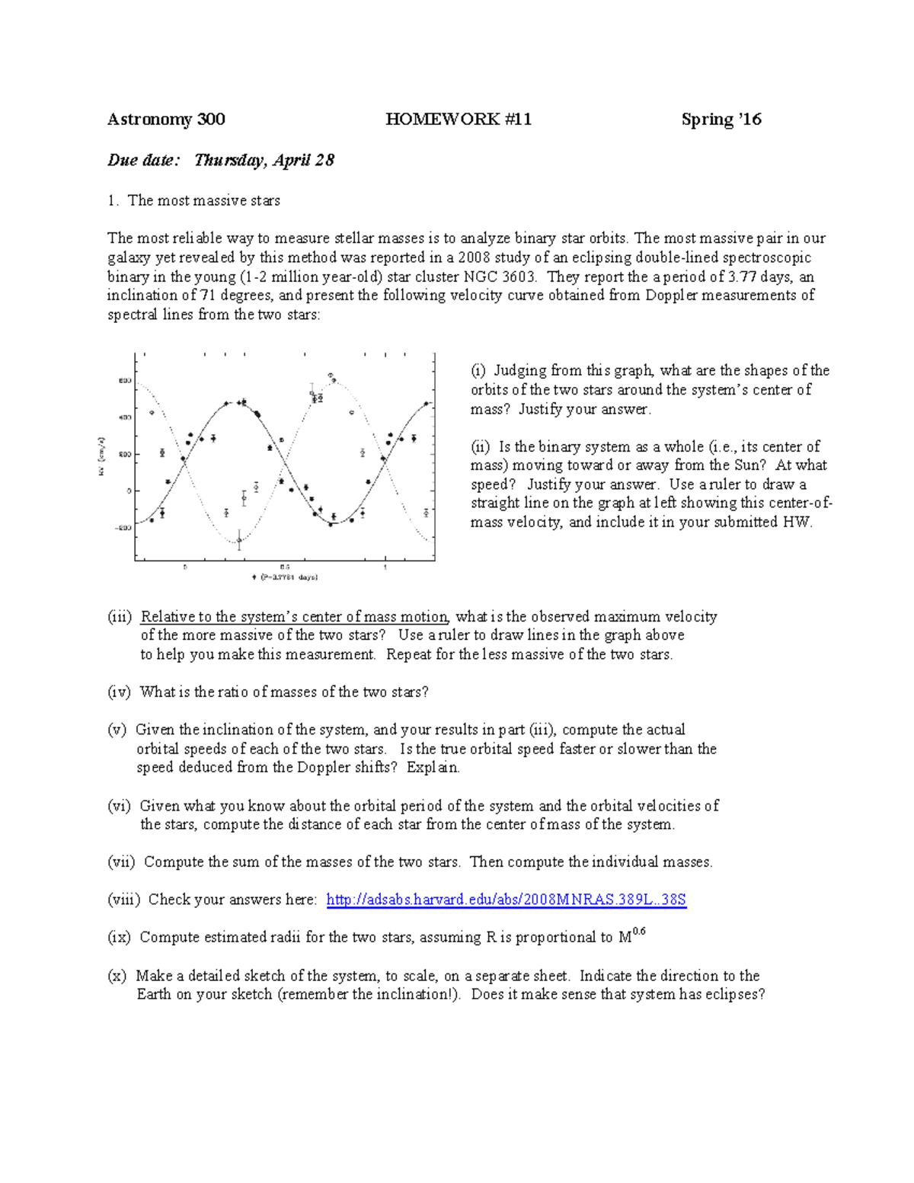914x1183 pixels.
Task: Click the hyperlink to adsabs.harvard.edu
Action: click(x=506, y=900)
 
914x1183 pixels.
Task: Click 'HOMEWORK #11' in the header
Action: click(x=459, y=119)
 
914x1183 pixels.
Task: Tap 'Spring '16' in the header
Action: click(x=721, y=119)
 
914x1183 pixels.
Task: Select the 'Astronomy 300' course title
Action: click(x=166, y=119)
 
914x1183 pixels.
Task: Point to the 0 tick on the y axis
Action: click(x=128, y=491)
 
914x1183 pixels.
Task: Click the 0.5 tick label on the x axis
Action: click(x=284, y=568)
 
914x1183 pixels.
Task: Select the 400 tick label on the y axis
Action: click(x=124, y=417)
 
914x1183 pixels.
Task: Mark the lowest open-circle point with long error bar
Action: click(x=239, y=540)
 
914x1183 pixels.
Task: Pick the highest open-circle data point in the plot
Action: click(x=331, y=375)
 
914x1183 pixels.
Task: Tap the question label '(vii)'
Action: click(x=121, y=862)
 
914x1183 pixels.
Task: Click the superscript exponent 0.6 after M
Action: click(x=639, y=932)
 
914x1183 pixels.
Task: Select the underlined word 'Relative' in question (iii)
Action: click(x=165, y=616)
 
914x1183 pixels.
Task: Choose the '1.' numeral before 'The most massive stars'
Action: click(x=113, y=200)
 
